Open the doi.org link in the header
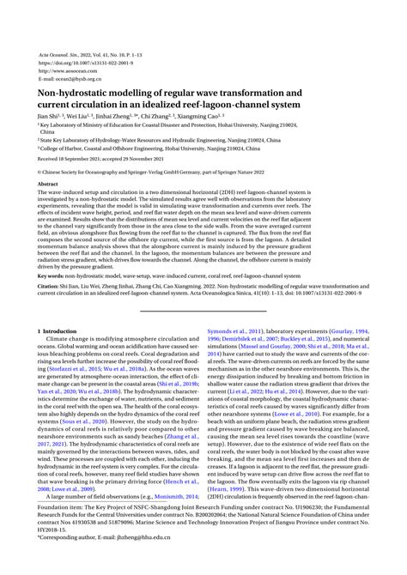(x=82, y=62)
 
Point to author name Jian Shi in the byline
(x=47, y=113)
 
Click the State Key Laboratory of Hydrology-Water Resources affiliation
(x=129, y=139)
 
